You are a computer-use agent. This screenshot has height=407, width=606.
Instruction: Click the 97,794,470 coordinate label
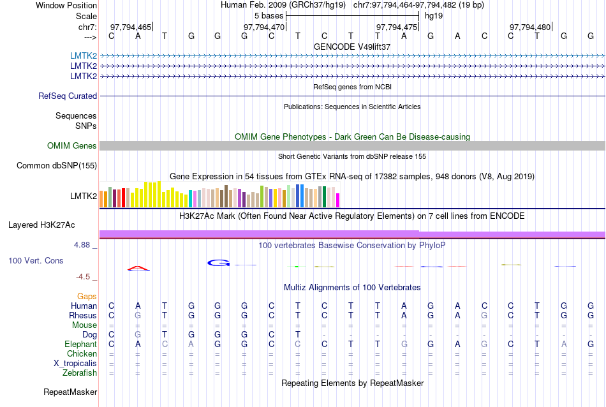click(x=264, y=27)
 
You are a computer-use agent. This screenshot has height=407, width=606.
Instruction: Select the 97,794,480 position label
click(x=530, y=27)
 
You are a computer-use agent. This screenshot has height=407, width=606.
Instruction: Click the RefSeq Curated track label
click(x=68, y=96)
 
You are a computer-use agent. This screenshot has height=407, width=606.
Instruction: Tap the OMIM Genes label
click(x=72, y=146)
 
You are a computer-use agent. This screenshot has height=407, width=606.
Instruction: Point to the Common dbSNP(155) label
click(x=56, y=166)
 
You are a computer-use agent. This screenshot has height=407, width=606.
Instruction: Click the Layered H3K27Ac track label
click(x=41, y=225)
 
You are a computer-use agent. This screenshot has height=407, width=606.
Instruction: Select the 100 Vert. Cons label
click(x=36, y=261)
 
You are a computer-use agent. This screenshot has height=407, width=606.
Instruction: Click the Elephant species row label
click(x=80, y=344)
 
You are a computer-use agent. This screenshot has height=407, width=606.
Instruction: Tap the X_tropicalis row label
click(x=75, y=364)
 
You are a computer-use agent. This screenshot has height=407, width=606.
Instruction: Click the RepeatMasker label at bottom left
click(x=70, y=392)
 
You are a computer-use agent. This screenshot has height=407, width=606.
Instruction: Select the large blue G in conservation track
click(x=218, y=262)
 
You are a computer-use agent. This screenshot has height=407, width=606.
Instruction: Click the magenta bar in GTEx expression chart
click(x=338, y=200)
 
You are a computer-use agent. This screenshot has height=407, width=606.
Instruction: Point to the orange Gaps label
click(x=87, y=297)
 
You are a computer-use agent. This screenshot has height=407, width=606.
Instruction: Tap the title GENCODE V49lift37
click(x=352, y=47)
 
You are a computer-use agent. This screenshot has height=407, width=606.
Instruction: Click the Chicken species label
click(x=82, y=354)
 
